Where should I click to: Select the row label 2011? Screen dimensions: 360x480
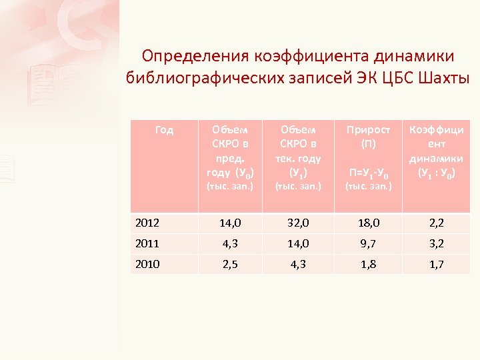(147, 244)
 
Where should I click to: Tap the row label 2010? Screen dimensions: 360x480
(147, 264)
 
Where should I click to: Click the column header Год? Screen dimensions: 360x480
(164, 130)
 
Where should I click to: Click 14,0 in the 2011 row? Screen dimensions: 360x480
(297, 244)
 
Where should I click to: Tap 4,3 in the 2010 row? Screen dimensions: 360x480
(297, 264)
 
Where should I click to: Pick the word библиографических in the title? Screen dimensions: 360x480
(197, 78)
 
